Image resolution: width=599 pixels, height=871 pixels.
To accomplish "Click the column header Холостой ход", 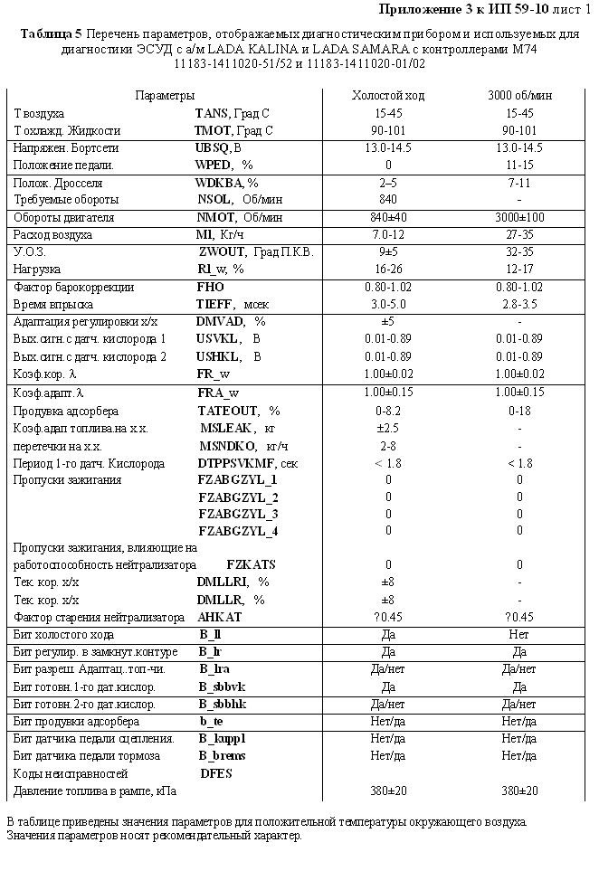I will (388, 96).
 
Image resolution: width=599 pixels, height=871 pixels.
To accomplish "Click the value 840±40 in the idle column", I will (388, 218).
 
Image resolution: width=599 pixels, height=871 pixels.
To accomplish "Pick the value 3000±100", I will (519, 218).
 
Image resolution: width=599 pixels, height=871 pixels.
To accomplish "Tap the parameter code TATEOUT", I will (227, 411).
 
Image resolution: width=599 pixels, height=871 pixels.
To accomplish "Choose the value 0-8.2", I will (388, 411).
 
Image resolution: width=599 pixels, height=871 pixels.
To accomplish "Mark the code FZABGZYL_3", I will (238, 514).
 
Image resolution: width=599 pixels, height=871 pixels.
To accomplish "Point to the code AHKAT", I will (220, 617).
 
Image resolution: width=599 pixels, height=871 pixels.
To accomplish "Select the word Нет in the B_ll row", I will (519, 636).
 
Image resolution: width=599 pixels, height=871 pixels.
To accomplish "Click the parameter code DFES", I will (216, 774).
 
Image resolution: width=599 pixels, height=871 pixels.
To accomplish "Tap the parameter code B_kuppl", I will (222, 739).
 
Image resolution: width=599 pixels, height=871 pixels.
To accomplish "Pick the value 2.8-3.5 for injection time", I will (519, 305).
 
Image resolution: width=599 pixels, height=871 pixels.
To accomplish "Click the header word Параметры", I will (165, 96).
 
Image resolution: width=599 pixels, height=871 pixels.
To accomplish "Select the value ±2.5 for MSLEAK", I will (388, 428).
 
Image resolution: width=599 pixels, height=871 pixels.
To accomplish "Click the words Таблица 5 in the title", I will (50, 33).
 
